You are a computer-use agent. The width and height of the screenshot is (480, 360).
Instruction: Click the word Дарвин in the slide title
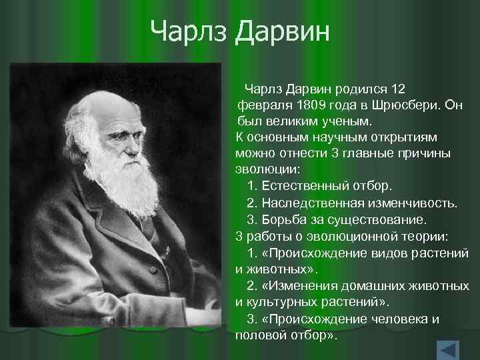[x=282, y=31]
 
